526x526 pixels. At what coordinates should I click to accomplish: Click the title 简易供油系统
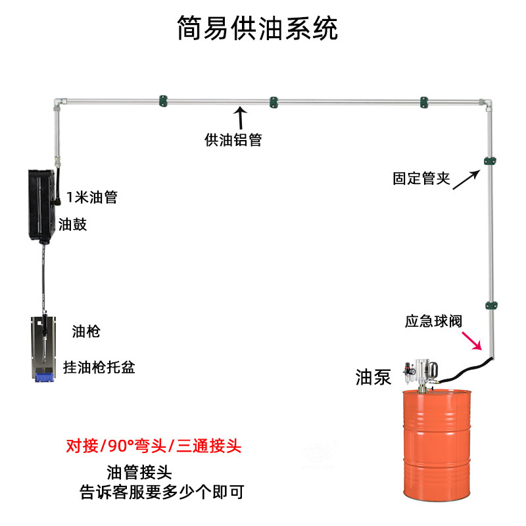(258, 28)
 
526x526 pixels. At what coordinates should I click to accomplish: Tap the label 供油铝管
(233, 139)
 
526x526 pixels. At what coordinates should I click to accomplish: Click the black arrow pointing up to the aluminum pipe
(241, 119)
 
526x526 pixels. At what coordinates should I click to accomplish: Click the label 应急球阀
(433, 322)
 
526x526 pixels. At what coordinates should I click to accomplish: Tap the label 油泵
(373, 377)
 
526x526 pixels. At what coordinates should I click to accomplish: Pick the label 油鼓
(73, 224)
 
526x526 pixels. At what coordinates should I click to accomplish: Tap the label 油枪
(85, 332)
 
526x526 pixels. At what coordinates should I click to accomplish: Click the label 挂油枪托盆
(99, 367)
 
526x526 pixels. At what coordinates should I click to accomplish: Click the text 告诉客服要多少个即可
(162, 492)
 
